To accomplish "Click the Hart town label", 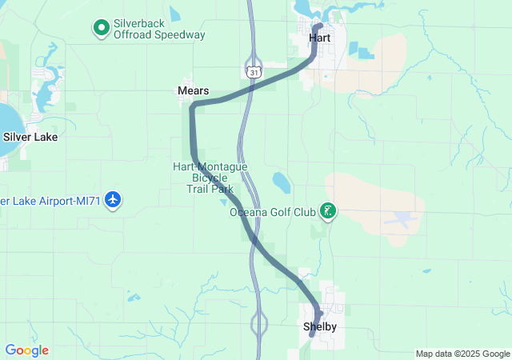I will pyautogui.click(x=320, y=38).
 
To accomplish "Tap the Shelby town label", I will pyautogui.click(x=320, y=327).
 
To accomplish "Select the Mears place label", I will pyautogui.click(x=193, y=91).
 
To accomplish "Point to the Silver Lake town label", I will pyautogui.click(x=30, y=137).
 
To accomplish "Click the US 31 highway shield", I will pyautogui.click(x=254, y=72).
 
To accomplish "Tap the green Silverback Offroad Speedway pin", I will pyautogui.click(x=102, y=29).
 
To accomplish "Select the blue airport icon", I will pyautogui.click(x=114, y=198).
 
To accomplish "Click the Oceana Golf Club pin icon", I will pyautogui.click(x=327, y=211).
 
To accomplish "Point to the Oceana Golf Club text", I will pyautogui.click(x=271, y=213).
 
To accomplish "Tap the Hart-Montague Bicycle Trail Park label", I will pyautogui.click(x=210, y=178).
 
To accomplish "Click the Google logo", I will pyautogui.click(x=26, y=350).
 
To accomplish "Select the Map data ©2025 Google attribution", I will pyautogui.click(x=462, y=354).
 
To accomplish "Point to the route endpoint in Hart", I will pyautogui.click(x=320, y=26).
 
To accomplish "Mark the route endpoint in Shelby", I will pyautogui.click(x=312, y=335).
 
